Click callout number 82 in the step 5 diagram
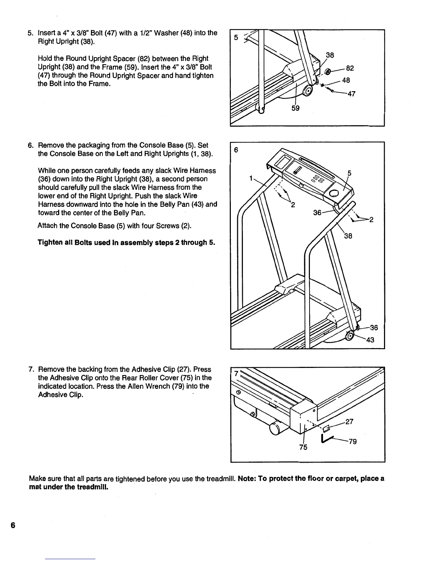coord(350,68)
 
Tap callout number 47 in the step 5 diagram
coord(351,94)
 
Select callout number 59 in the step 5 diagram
coord(295,108)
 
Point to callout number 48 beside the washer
coord(346,80)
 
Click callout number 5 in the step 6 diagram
coord(349,173)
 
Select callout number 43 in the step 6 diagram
coord(370,340)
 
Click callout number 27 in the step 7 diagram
coord(349,422)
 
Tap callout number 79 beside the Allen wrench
coord(352,442)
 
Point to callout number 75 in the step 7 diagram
coord(303,447)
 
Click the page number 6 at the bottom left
coord(13,525)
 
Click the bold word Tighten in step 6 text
coord(52,243)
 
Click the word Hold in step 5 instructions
coord(45,59)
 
